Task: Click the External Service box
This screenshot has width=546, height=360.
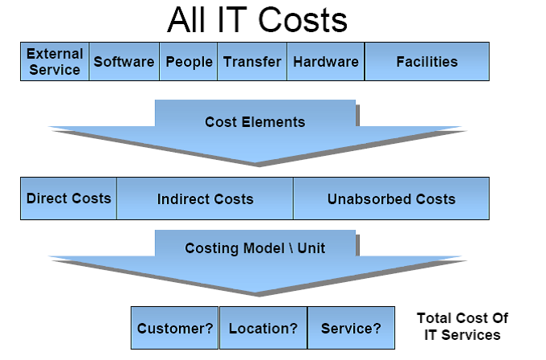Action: coord(55,62)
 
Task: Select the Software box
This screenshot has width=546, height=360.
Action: coord(124,62)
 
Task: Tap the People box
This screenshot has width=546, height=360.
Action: coord(189,62)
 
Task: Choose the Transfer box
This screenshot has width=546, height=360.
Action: coord(252,62)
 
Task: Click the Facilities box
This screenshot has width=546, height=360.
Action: coord(426,62)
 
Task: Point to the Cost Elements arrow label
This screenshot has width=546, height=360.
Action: coord(255,122)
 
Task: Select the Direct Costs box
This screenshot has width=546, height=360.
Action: coord(69,198)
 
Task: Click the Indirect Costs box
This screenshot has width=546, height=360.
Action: coord(205,199)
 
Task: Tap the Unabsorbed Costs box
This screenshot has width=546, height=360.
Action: coord(391,199)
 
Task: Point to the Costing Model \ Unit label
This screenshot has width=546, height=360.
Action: coord(255,247)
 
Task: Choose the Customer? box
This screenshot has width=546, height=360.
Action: coord(175,328)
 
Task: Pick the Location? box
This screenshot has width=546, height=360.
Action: coord(263,328)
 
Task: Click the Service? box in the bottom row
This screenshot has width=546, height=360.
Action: coord(351,328)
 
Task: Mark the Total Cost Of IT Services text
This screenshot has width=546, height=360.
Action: coord(462,327)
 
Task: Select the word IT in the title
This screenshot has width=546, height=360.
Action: coord(233,21)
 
